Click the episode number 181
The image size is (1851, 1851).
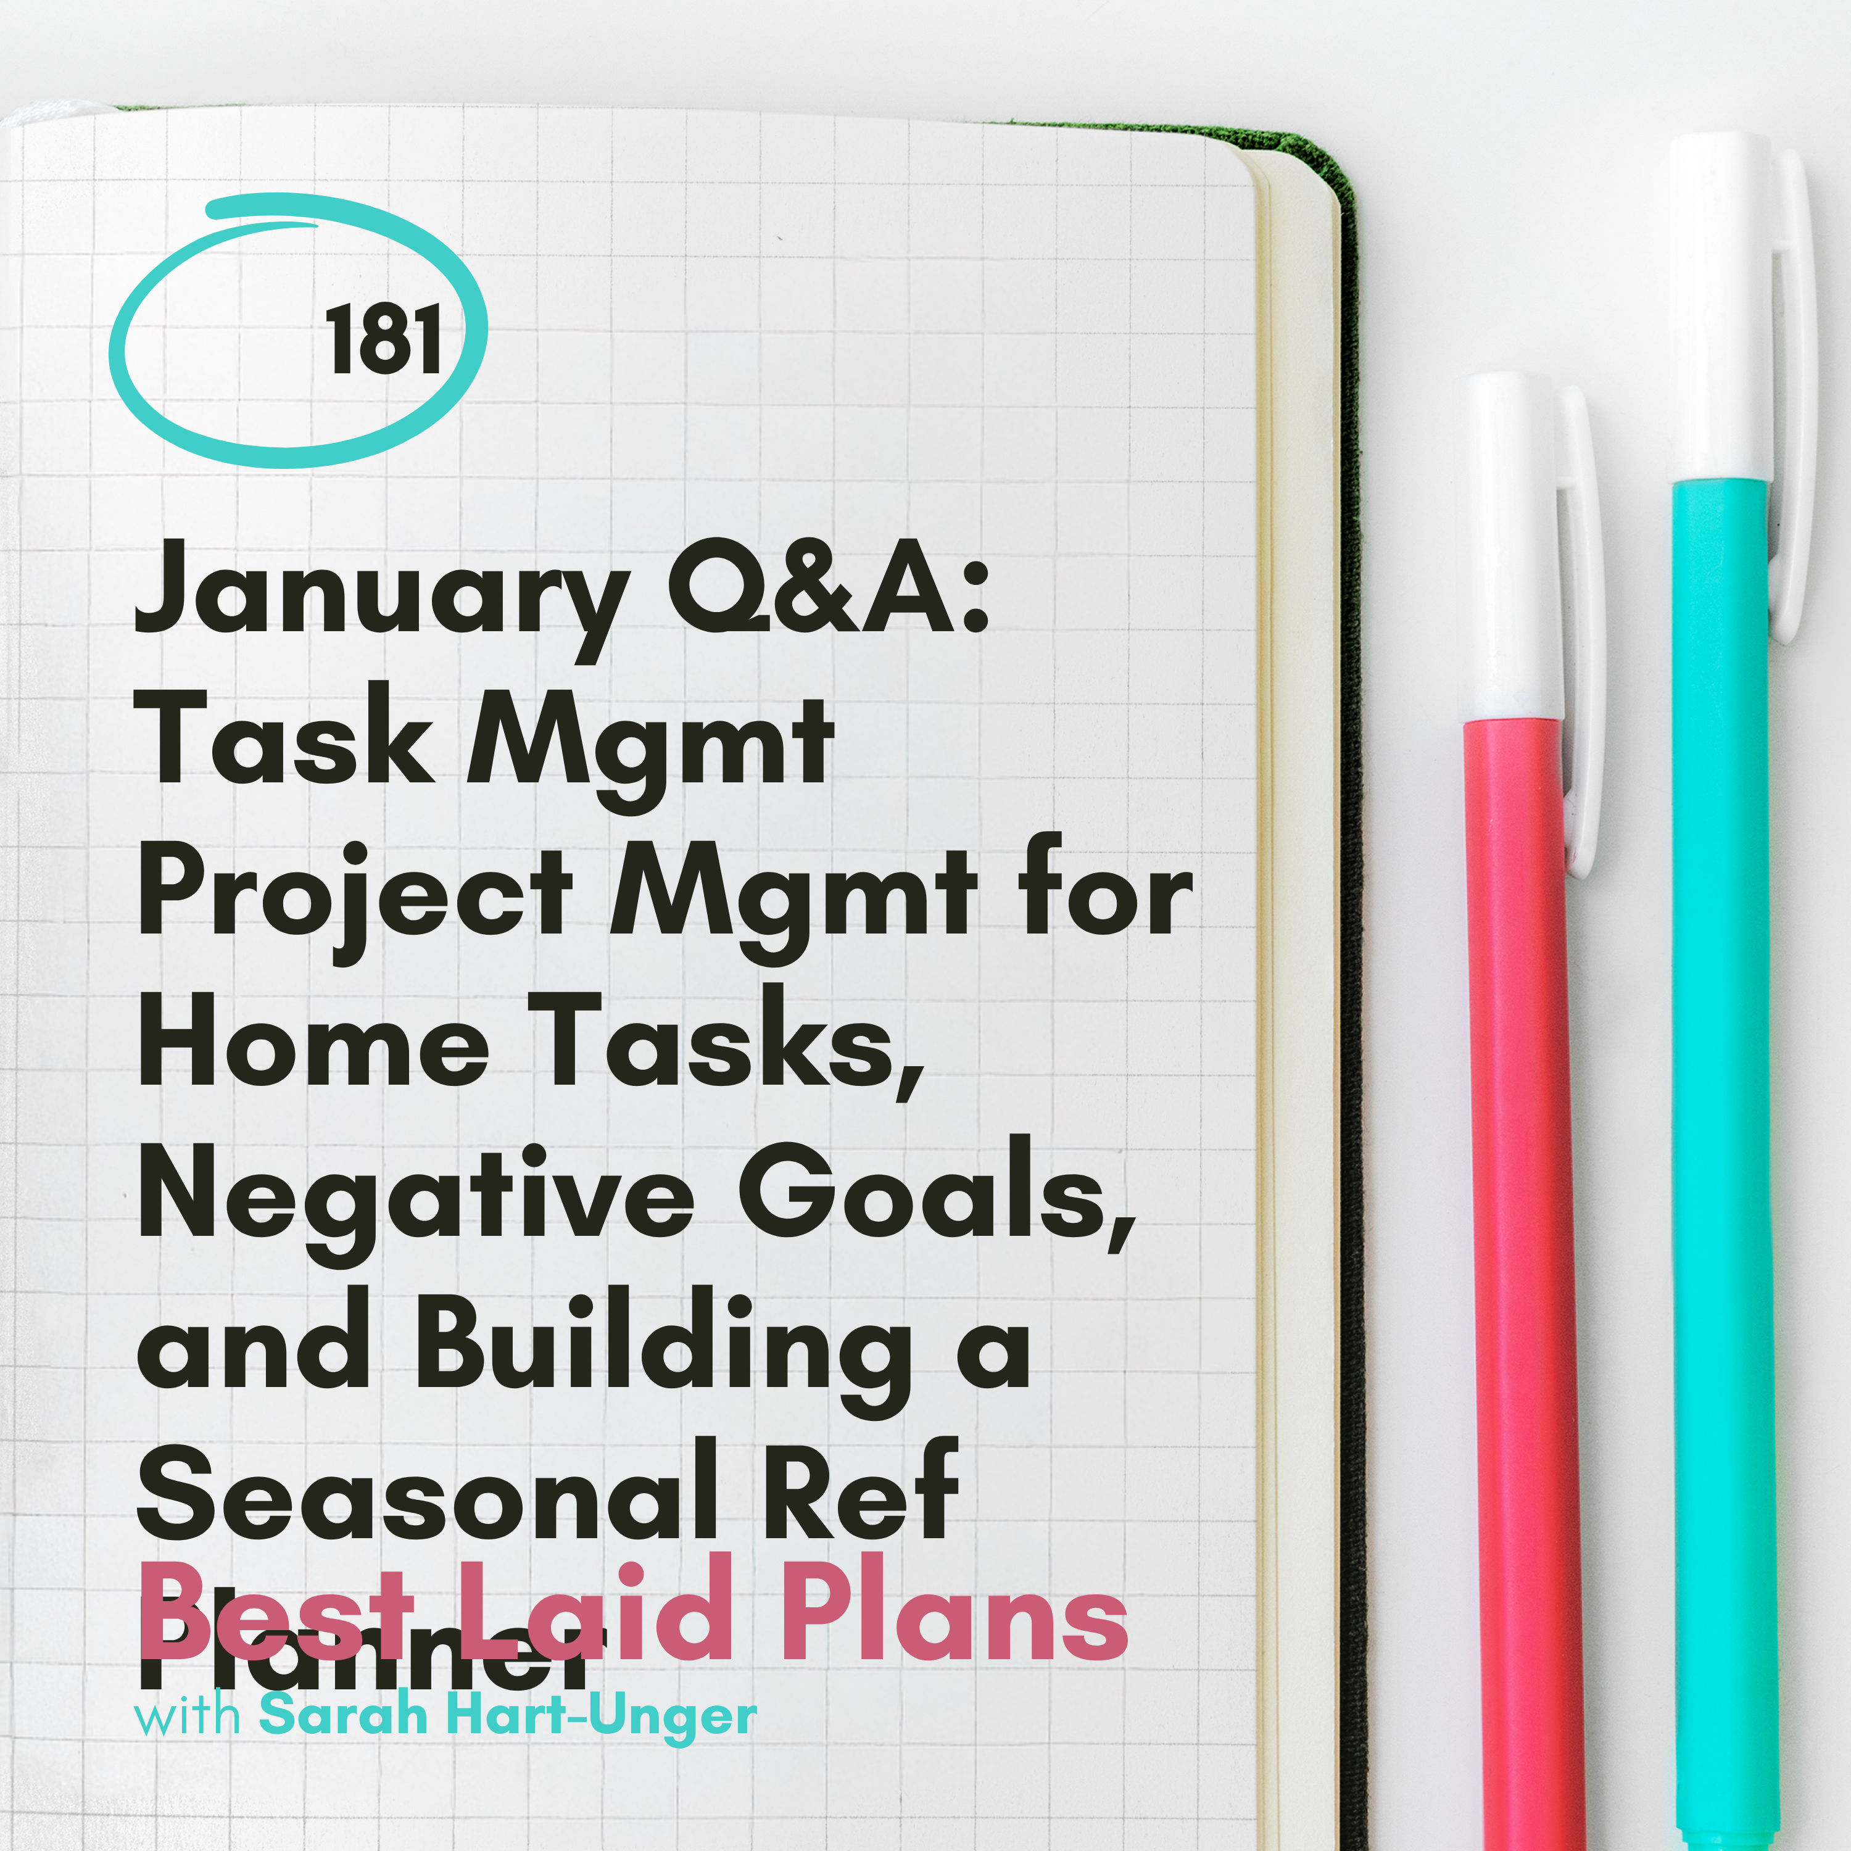[383, 340]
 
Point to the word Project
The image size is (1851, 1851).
[355, 891]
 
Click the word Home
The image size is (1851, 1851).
[314, 1040]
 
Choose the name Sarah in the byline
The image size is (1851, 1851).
[343, 1715]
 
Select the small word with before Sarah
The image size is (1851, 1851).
[187, 1715]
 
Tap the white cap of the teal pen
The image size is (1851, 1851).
[1720, 307]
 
